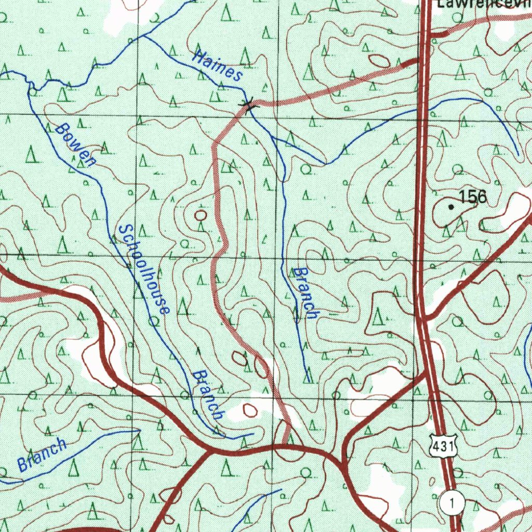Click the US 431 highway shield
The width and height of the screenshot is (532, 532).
click(x=443, y=446)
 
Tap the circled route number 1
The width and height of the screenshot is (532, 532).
click(x=452, y=503)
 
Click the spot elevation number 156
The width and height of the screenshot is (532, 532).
click(x=473, y=197)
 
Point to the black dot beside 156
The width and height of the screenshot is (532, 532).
click(x=451, y=207)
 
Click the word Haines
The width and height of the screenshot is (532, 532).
click(x=217, y=65)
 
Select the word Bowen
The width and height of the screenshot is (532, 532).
click(x=76, y=145)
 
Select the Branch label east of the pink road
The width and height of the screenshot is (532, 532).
click(x=304, y=293)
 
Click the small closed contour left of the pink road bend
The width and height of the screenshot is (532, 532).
click(x=201, y=215)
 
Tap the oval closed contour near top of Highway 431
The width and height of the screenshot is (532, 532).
click(x=379, y=61)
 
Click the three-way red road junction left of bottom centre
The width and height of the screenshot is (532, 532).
click(x=210, y=450)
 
